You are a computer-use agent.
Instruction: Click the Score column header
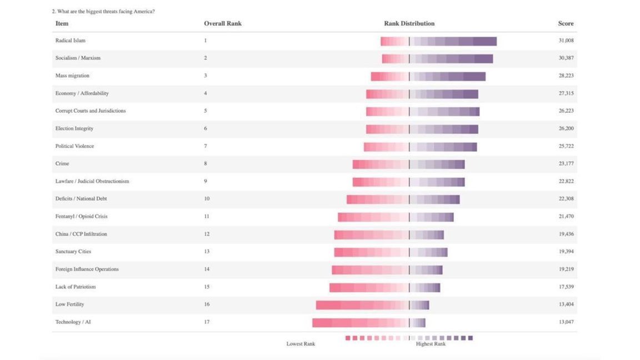tap(566, 23)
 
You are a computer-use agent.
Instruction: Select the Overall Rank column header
tap(222, 23)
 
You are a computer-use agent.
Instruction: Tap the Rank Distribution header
tap(409, 23)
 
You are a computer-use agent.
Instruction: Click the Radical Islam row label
tap(70, 41)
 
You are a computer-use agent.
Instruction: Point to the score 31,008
tap(566, 41)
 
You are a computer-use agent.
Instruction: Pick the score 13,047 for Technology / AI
tap(566, 322)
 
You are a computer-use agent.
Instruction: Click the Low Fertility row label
tap(69, 304)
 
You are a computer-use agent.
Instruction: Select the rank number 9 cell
tap(205, 181)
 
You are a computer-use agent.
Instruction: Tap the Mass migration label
tap(72, 76)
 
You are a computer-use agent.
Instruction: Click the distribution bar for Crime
tap(408, 164)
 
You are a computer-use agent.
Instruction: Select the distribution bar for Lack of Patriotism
tap(384, 287)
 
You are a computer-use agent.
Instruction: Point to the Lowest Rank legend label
tap(301, 344)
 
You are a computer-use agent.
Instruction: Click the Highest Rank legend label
tap(431, 344)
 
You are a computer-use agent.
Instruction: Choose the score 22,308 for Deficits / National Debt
tap(566, 199)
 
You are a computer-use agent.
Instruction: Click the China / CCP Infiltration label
tap(81, 234)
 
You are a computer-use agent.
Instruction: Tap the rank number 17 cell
tap(206, 322)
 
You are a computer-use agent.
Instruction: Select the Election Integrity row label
tap(74, 128)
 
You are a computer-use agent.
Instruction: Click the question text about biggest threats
tap(103, 11)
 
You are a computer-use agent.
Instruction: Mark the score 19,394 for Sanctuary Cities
tap(566, 252)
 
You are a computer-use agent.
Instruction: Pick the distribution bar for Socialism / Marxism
tap(437, 58)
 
